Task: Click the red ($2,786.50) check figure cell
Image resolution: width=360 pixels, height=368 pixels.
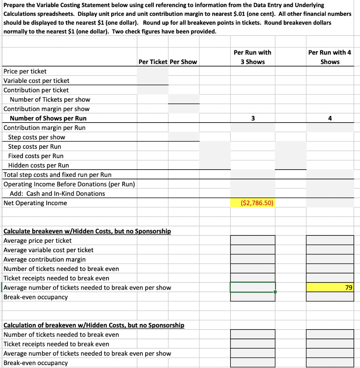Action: (x=253, y=203)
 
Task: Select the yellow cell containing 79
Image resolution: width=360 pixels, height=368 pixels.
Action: (x=330, y=287)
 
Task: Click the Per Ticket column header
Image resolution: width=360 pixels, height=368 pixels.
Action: (x=153, y=62)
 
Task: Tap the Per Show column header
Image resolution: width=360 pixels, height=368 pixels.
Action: (x=183, y=62)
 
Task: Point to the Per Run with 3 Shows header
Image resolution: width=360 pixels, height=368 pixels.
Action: (x=253, y=57)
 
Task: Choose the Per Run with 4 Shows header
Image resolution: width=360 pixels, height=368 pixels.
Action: (x=330, y=57)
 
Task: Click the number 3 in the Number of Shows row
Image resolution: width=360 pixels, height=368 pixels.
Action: (x=253, y=118)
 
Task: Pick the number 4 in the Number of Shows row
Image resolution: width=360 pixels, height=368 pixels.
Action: (x=330, y=118)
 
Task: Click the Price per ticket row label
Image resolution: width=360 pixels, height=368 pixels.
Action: (x=25, y=71)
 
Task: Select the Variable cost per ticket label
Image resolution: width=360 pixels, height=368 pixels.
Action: (x=37, y=81)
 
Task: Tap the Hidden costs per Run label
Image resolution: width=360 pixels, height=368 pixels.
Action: (x=38, y=165)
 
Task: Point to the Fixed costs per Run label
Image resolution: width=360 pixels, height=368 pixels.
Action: (x=36, y=156)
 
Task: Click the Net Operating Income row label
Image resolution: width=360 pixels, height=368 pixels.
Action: (x=35, y=203)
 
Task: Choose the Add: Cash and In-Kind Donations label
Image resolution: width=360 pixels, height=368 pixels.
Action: (x=57, y=194)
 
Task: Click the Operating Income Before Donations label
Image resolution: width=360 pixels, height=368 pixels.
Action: (x=69, y=184)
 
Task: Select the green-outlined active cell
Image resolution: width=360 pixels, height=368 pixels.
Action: (x=253, y=287)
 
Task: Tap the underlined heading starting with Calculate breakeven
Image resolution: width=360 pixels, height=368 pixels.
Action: (x=87, y=231)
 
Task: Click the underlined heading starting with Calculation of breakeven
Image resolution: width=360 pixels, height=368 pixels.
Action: (x=94, y=325)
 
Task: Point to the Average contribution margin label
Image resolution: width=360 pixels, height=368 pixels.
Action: (x=45, y=259)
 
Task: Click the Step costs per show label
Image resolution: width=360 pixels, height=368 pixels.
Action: (x=37, y=137)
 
